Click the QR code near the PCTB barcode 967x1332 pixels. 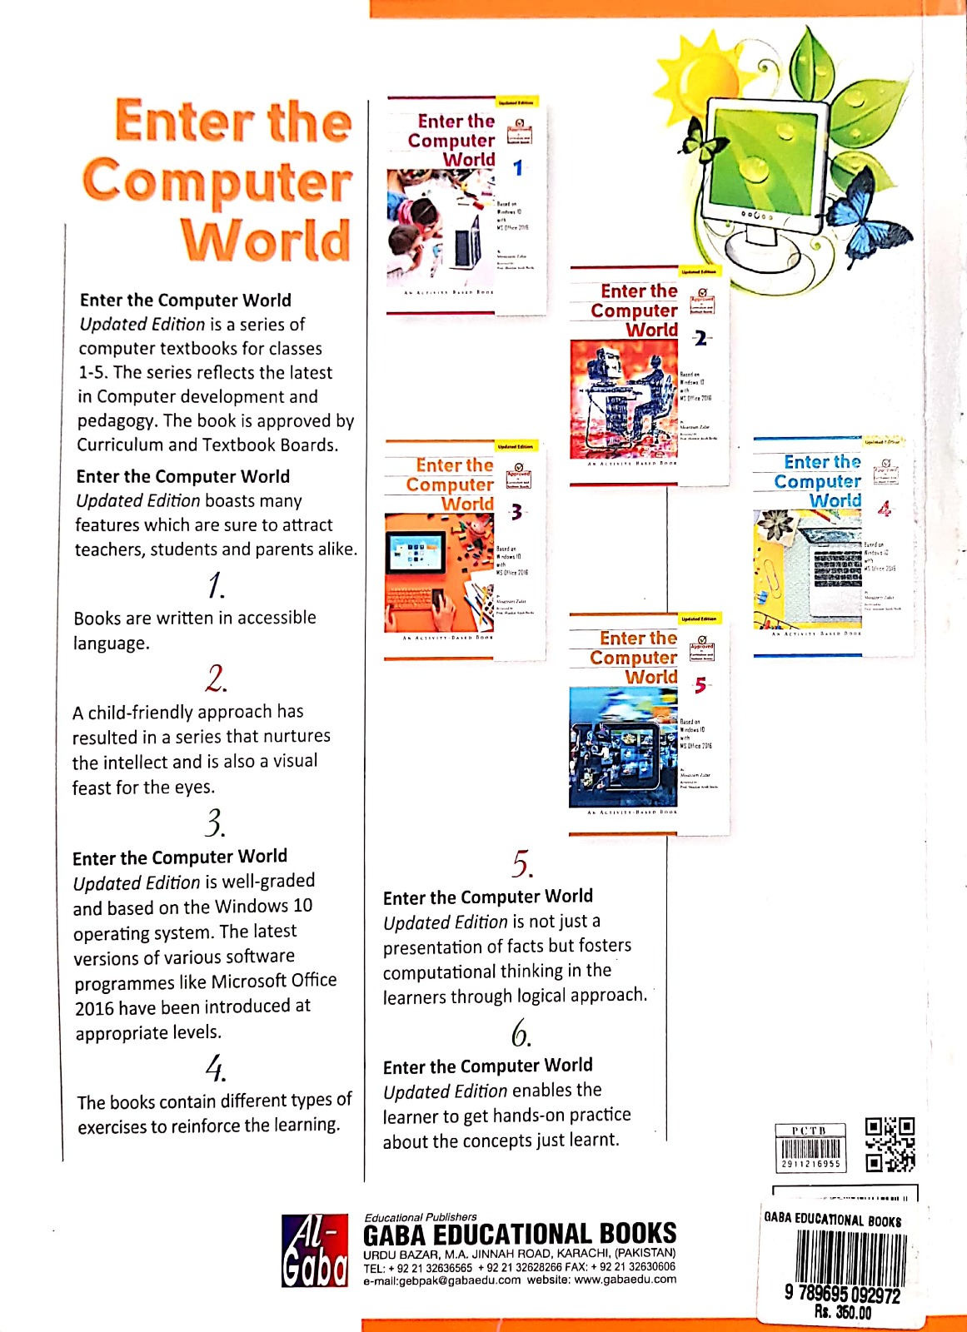click(889, 1144)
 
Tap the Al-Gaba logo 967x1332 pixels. click(314, 1250)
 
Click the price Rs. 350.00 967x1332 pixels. click(842, 1313)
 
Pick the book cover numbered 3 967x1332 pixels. click(463, 550)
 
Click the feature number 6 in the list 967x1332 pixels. click(521, 1035)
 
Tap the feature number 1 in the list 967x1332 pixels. click(216, 585)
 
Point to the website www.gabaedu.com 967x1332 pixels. click(625, 1280)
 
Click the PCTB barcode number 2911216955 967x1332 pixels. click(810, 1164)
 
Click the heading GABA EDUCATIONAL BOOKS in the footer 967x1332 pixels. click(520, 1234)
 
